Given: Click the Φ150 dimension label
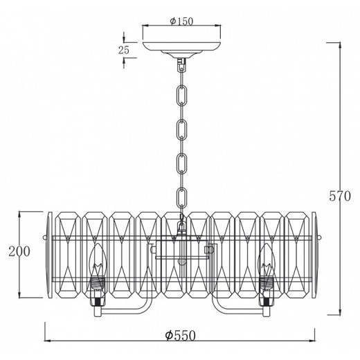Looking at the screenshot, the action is [181, 21].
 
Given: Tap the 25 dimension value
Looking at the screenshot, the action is [124, 50].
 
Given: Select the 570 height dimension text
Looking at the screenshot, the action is [340, 197].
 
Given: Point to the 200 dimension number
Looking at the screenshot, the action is [19, 251].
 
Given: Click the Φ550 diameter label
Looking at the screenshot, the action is [181, 336].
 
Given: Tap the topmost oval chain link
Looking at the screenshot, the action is [182, 96].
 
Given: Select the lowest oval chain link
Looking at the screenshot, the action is [182, 199].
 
